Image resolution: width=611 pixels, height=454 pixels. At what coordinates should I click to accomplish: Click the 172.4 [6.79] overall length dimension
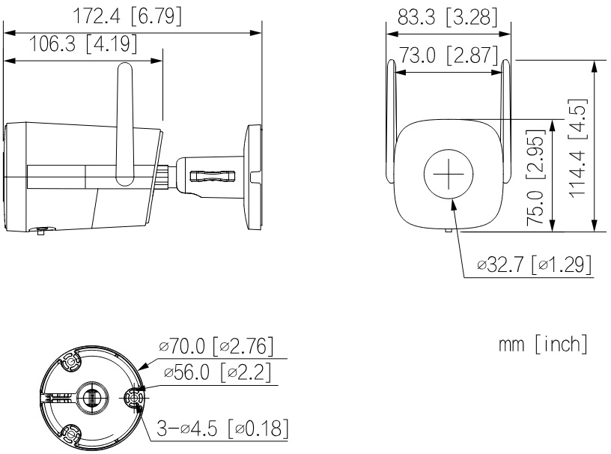[x=127, y=16]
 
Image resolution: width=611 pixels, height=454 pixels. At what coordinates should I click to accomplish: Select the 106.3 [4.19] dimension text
[x=83, y=43]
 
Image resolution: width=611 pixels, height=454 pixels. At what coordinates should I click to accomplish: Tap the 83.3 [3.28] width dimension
[x=447, y=17]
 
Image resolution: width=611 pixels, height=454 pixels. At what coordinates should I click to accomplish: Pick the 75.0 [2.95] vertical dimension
[x=536, y=178]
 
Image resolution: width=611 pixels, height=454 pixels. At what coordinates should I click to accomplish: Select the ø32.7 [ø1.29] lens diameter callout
[x=534, y=265]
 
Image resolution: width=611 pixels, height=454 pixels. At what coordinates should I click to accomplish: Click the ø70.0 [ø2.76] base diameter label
[x=216, y=346]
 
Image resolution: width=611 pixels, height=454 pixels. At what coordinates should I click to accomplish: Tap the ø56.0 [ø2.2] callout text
[x=217, y=373]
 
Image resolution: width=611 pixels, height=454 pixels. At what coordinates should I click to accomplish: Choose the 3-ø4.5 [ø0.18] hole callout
[x=222, y=429]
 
